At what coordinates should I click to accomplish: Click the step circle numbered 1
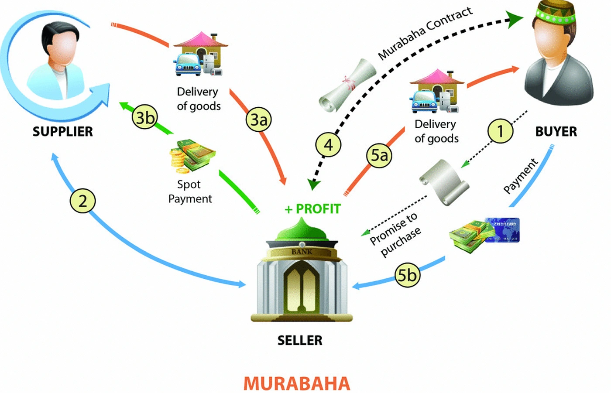click(500, 130)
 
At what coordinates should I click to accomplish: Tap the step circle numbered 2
click(82, 201)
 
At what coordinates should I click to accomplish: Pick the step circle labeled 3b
click(145, 118)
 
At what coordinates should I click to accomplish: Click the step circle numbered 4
click(328, 144)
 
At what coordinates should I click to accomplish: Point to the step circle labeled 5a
click(379, 155)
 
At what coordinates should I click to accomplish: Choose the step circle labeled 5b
click(407, 275)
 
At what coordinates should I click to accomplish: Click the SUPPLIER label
click(62, 131)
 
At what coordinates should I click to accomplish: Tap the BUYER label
click(556, 131)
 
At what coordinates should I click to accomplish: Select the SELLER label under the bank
click(300, 340)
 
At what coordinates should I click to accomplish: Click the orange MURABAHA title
click(297, 383)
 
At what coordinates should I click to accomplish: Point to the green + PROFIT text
click(312, 209)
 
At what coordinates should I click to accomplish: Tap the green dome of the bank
click(302, 229)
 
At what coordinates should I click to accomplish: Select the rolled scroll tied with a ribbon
click(347, 85)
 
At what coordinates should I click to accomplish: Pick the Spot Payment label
click(190, 191)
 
